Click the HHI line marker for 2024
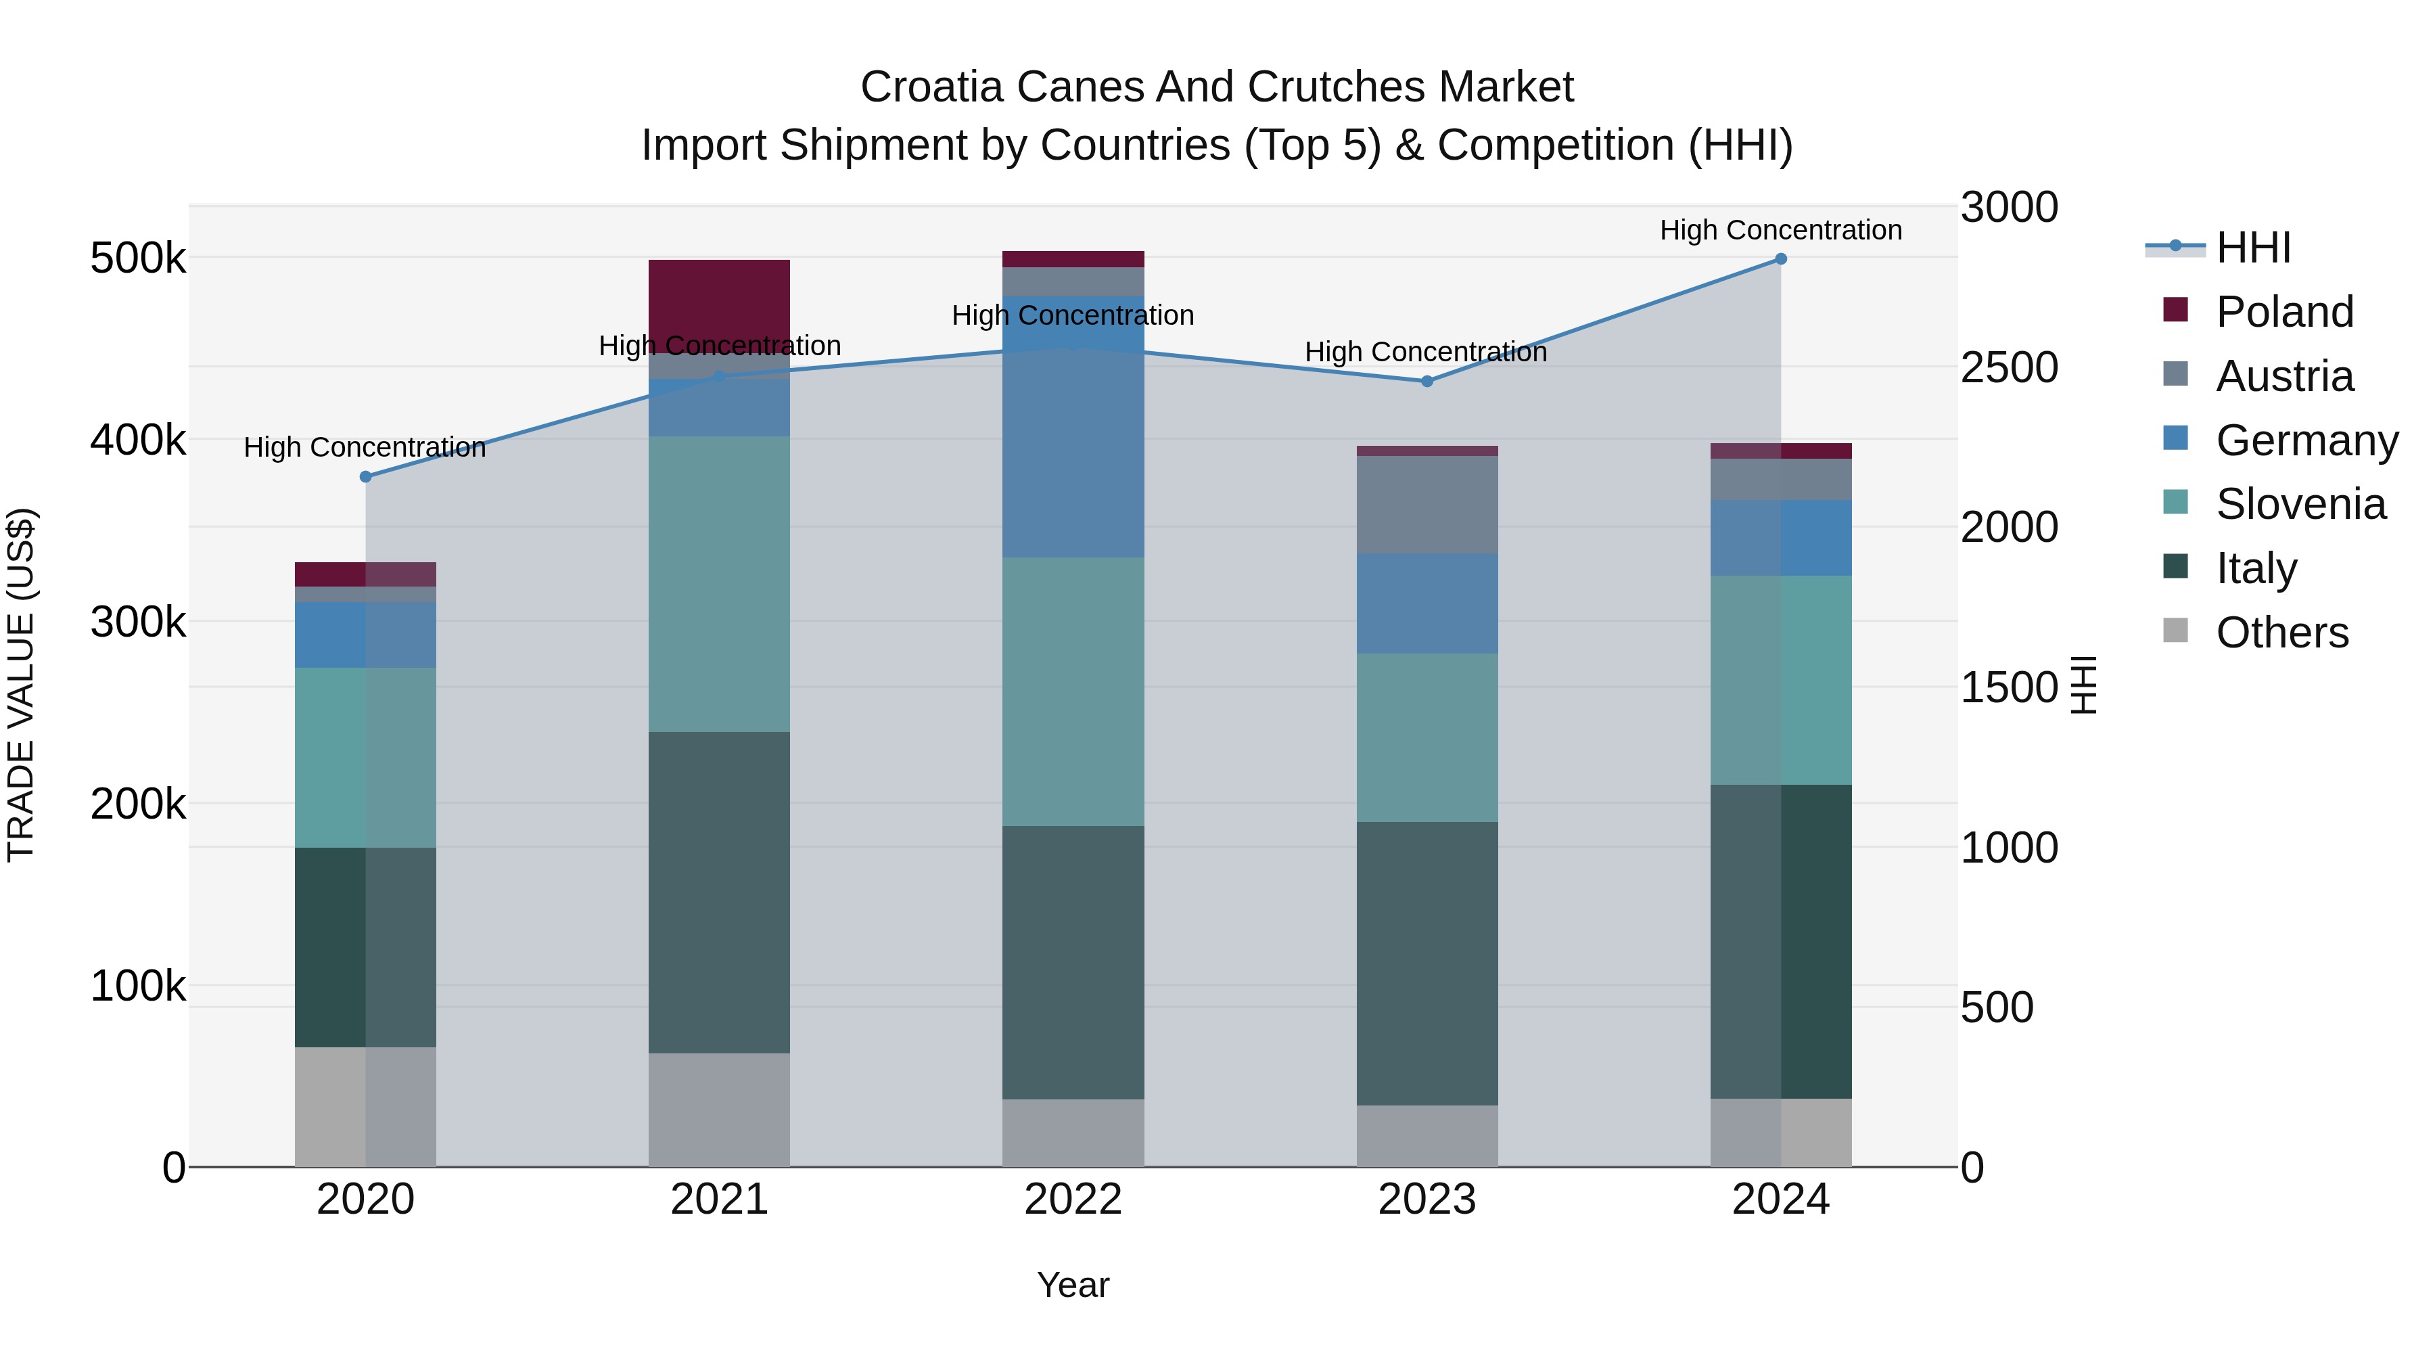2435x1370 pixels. (x=1780, y=259)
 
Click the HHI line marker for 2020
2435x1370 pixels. (x=366, y=476)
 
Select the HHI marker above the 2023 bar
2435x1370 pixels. (x=1427, y=381)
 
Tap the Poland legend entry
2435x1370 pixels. (x=2283, y=312)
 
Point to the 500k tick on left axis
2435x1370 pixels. (x=138, y=258)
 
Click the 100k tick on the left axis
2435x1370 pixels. (x=138, y=986)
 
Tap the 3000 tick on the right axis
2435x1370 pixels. (x=2009, y=207)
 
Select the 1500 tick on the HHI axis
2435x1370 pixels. (x=2009, y=687)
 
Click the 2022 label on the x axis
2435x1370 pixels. (x=1073, y=1200)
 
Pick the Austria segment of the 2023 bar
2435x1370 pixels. (x=1427, y=505)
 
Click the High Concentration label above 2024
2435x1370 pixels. (x=1780, y=230)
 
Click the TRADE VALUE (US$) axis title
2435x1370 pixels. (x=21, y=685)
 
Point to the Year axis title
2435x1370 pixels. (x=1073, y=1285)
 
